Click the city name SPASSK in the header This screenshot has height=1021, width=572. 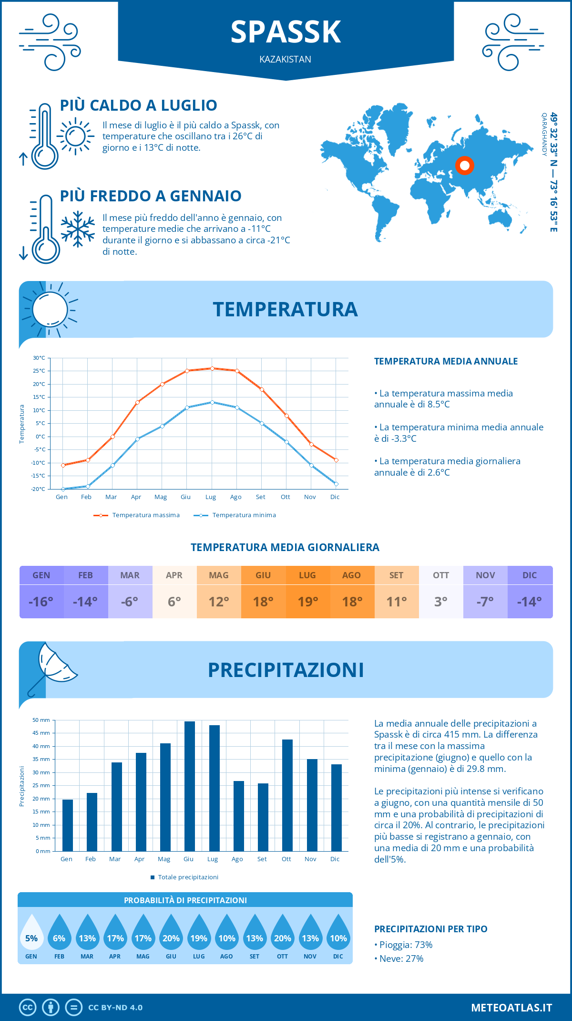pyautogui.click(x=286, y=32)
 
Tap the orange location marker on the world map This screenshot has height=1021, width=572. pyautogui.click(x=464, y=166)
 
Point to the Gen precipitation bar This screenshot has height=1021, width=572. pyautogui.click(x=68, y=825)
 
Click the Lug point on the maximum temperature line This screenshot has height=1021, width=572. pyautogui.click(x=212, y=368)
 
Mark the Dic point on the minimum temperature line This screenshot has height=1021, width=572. pyautogui.click(x=336, y=484)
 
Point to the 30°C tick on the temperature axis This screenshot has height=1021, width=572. pyautogui.click(x=39, y=358)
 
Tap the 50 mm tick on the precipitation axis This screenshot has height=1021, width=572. pyautogui.click(x=41, y=720)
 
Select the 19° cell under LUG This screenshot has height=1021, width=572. pyautogui.click(x=307, y=602)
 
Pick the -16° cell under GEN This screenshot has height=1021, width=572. pyautogui.click(x=41, y=602)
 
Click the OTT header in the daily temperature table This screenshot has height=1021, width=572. pyautogui.click(x=441, y=575)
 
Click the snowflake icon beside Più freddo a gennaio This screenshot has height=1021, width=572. pyautogui.click(x=78, y=229)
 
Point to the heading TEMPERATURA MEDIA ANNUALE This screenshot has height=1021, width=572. pyautogui.click(x=446, y=361)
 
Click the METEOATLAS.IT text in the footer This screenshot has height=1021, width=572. pyautogui.click(x=511, y=1007)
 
